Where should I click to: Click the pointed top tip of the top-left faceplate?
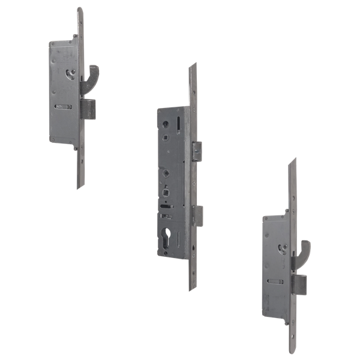tap(80, 8)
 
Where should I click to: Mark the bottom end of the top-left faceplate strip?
tap(79, 187)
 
